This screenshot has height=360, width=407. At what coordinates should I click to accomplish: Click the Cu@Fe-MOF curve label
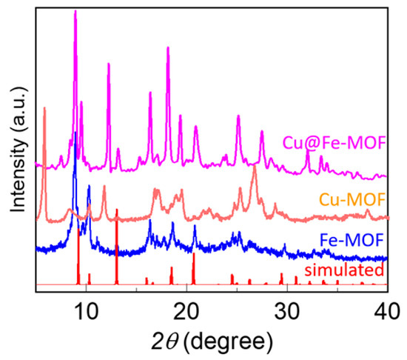tap(335, 143)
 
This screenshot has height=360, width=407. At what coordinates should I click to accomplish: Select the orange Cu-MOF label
tap(354, 199)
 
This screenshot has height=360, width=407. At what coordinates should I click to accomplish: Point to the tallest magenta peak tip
tap(75, 12)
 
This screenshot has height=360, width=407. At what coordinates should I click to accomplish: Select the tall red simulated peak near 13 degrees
tap(117, 211)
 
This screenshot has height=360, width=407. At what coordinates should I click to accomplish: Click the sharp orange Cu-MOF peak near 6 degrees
tap(45, 109)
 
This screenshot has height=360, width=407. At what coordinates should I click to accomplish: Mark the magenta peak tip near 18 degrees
tap(168, 47)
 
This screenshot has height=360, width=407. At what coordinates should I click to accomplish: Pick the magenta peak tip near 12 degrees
tap(109, 64)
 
